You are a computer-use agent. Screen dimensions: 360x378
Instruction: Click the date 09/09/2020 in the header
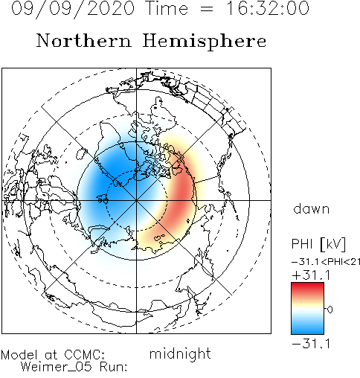click(x=73, y=9)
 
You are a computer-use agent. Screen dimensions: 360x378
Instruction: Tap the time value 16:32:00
click(x=268, y=8)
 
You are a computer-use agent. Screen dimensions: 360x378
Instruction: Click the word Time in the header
click(x=167, y=8)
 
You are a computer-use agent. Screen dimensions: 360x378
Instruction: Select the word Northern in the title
click(x=84, y=40)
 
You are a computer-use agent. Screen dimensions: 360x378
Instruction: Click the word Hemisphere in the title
click(x=205, y=42)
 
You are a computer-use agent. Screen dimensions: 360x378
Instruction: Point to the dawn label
click(x=312, y=209)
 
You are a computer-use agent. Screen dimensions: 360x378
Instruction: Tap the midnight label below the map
click(x=180, y=354)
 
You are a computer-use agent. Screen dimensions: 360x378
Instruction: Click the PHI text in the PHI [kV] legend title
click(x=303, y=243)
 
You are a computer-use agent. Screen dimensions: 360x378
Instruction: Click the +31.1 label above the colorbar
click(x=311, y=275)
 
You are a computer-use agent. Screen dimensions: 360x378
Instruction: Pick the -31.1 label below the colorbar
click(x=311, y=344)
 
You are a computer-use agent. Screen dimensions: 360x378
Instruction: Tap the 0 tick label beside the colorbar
click(x=330, y=310)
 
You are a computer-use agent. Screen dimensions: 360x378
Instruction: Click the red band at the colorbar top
click(x=307, y=287)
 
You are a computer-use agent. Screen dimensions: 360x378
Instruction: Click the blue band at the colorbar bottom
click(x=307, y=330)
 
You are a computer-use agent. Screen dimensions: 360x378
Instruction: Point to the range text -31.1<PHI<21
click(x=326, y=262)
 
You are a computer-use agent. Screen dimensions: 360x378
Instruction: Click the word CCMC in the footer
click(x=84, y=355)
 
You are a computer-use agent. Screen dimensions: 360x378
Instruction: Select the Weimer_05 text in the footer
click(x=56, y=367)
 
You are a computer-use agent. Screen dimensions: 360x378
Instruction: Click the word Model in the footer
click(x=19, y=355)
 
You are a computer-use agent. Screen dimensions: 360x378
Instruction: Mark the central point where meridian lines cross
click(x=136, y=200)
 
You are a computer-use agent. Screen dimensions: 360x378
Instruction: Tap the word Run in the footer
click(x=113, y=367)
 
